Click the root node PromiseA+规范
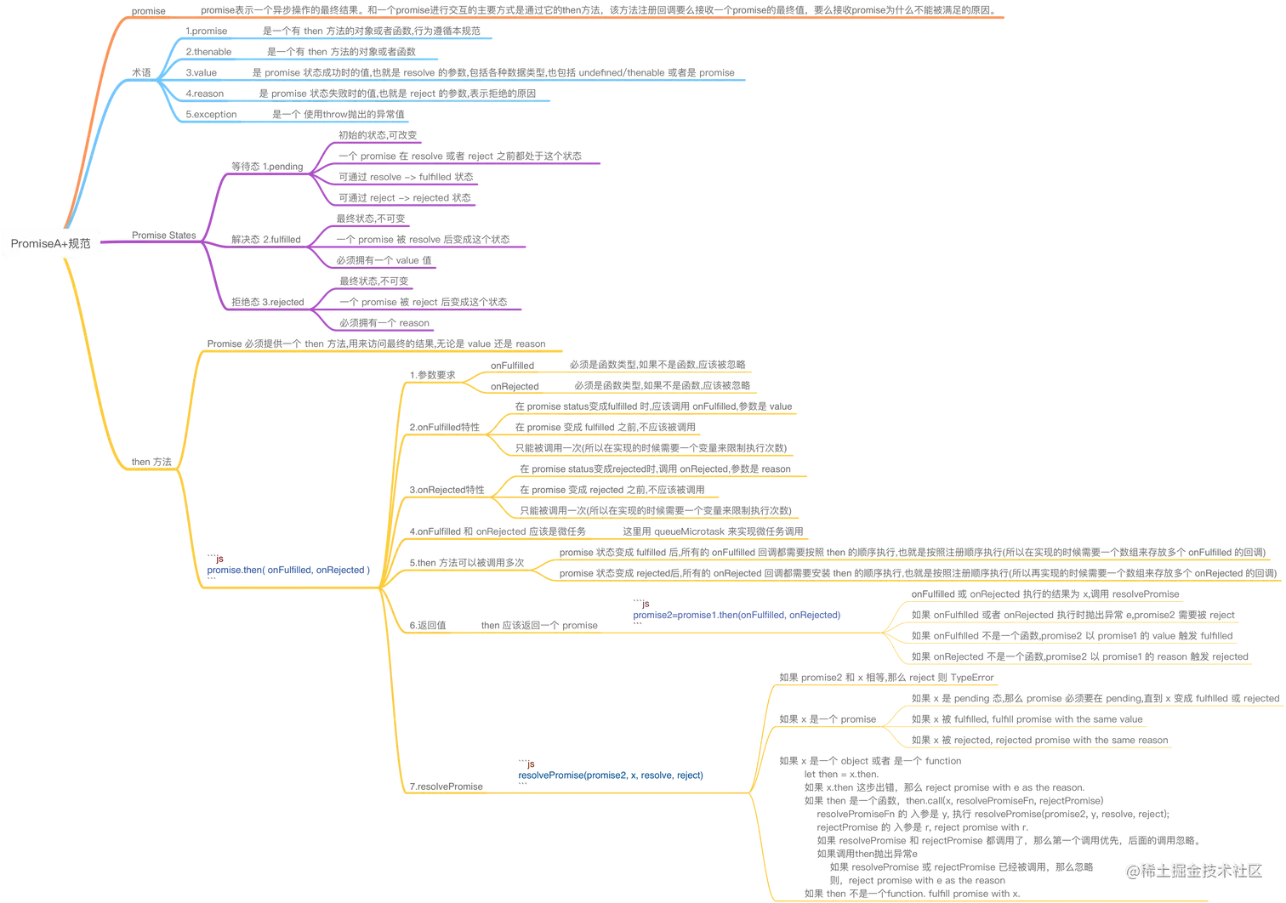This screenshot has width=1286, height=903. [x=50, y=243]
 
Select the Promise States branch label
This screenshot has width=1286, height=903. [x=163, y=235]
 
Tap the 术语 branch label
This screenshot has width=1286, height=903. [x=141, y=72]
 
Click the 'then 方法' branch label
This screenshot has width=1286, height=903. [x=151, y=462]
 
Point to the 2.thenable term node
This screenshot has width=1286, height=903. [x=208, y=52]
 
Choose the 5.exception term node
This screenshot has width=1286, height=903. [x=211, y=114]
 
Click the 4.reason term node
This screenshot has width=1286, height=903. [x=204, y=94]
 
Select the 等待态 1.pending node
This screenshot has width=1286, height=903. [x=267, y=167]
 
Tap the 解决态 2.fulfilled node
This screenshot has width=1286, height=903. [x=266, y=240]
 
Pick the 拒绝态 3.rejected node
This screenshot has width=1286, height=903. [x=268, y=302]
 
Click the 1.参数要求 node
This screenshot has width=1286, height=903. [x=432, y=375]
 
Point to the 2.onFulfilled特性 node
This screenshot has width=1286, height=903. [x=444, y=427]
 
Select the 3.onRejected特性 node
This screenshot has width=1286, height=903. [x=447, y=490]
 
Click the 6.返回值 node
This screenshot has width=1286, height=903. [x=428, y=625]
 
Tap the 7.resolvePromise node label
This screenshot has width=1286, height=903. [x=446, y=787]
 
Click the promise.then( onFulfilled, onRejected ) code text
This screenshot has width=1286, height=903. [x=288, y=570]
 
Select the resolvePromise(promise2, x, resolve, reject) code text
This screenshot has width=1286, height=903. [x=611, y=775]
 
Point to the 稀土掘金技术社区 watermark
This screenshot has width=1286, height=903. [x=1194, y=871]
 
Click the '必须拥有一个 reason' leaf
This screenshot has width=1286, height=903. [x=384, y=322]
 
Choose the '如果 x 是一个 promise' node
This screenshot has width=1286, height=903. [x=828, y=719]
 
